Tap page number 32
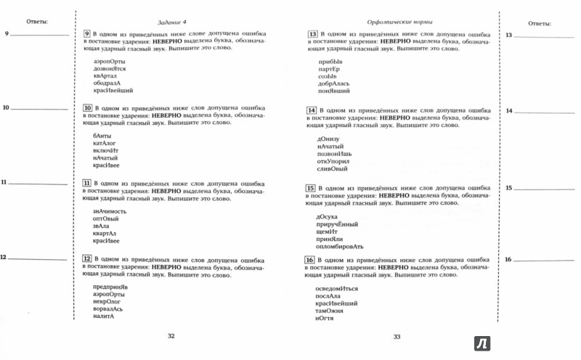click(171, 335)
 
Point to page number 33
click(397, 336)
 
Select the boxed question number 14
click(312, 110)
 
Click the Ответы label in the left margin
click(36, 22)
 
